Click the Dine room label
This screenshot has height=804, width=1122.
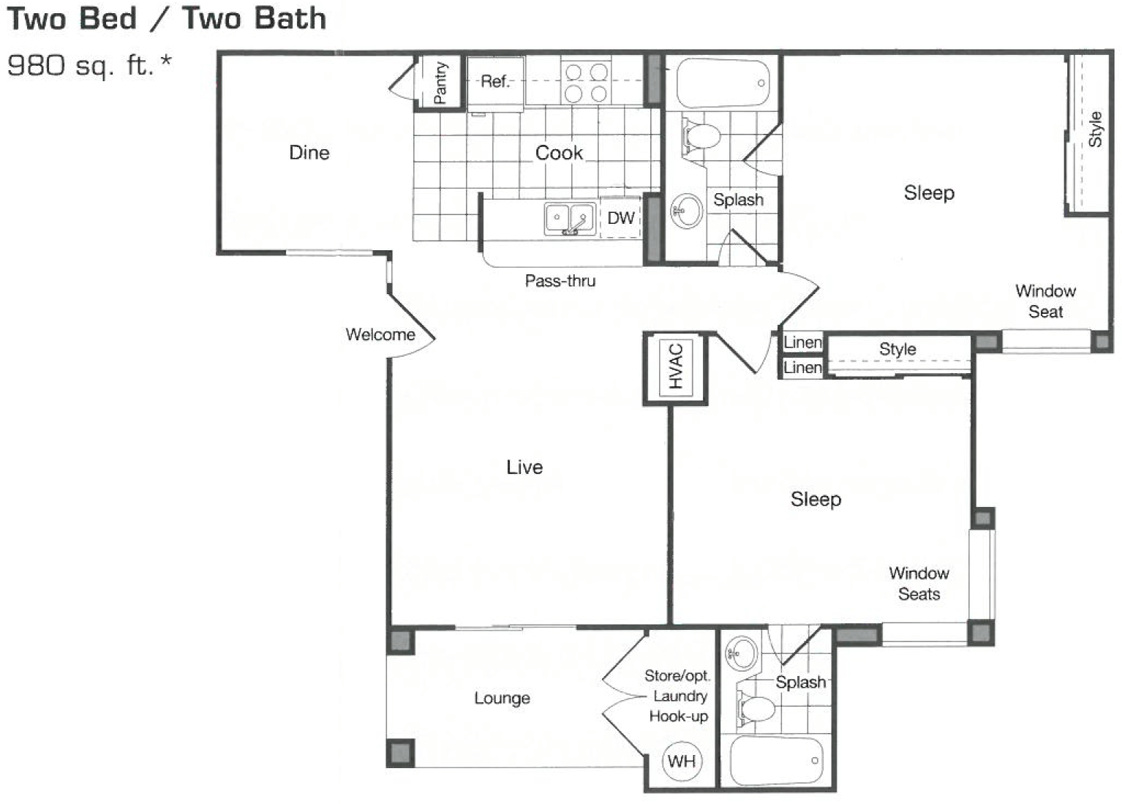pyautogui.click(x=309, y=152)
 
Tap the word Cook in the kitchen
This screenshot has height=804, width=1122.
pyautogui.click(x=559, y=152)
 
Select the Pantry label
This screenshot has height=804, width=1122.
pyautogui.click(x=440, y=82)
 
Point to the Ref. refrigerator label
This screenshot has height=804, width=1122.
pyautogui.click(x=494, y=81)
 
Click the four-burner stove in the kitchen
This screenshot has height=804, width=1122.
pyautogui.click(x=586, y=82)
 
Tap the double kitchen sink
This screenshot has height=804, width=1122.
pyautogui.click(x=569, y=219)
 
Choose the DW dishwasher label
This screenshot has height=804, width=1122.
pyautogui.click(x=620, y=217)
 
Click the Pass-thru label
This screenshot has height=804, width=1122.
pyautogui.click(x=560, y=281)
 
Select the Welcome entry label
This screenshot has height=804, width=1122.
pyautogui.click(x=380, y=334)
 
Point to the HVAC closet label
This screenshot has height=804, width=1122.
pyautogui.click(x=675, y=367)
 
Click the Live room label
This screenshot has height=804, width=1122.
pyautogui.click(x=524, y=467)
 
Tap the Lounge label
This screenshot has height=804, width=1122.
pyautogui.click(x=502, y=697)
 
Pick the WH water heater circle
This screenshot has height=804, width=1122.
pyautogui.click(x=681, y=761)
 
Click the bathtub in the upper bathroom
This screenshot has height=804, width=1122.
pyautogui.click(x=723, y=83)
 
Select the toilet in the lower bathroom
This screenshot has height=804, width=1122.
pyautogui.click(x=756, y=709)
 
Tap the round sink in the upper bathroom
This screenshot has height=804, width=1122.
pyautogui.click(x=686, y=211)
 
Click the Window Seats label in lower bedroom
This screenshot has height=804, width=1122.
pyautogui.click(x=919, y=583)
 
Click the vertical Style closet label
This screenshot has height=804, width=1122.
pyautogui.click(x=1095, y=129)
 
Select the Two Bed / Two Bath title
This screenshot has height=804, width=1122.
pyautogui.click(x=167, y=18)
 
